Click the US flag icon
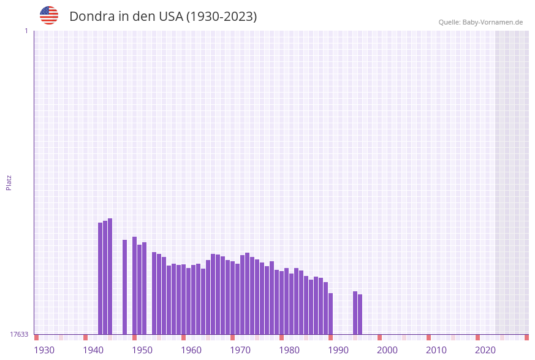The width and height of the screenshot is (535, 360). point(49,15)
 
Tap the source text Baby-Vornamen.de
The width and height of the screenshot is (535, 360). point(493,22)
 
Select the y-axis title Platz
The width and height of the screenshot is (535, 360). point(9,182)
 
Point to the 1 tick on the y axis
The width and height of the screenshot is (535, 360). point(26,31)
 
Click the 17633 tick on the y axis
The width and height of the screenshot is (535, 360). point(18,334)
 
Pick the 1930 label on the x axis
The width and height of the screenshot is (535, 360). point(44,350)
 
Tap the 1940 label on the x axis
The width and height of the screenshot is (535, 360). point(93,350)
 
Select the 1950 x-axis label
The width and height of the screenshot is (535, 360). point(142,350)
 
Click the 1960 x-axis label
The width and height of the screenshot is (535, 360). point(191,350)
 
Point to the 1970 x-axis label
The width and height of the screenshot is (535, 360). point(240,350)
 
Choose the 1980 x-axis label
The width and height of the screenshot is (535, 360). point(289,350)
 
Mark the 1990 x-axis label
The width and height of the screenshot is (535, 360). point(338,350)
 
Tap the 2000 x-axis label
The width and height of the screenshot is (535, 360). point(387,350)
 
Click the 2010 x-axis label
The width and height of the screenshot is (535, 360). point(436,350)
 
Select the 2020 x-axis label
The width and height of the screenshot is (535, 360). point(485,350)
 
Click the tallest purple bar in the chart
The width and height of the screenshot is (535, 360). point(110,276)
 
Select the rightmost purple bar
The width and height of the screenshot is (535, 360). point(360,314)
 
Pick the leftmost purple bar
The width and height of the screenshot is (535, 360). point(101,278)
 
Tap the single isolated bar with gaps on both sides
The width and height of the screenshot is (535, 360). point(125,286)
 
